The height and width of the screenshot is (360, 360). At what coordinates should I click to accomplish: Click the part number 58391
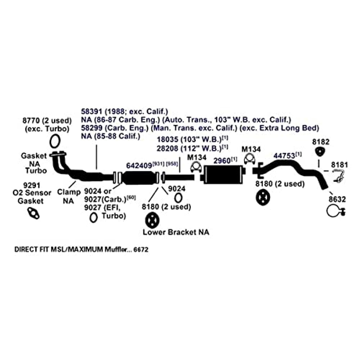(x=91, y=112)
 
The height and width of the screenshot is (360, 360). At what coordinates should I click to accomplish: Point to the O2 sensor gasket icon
(x=33, y=213)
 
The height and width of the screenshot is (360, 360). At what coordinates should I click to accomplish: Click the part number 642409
(x=139, y=165)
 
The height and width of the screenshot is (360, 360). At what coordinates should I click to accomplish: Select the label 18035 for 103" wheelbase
(x=167, y=139)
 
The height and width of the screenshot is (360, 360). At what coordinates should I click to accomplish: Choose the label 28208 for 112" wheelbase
(x=167, y=148)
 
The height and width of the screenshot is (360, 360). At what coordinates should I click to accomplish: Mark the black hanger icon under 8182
(x=320, y=152)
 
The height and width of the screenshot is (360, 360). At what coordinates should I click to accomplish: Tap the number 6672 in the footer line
(x=141, y=249)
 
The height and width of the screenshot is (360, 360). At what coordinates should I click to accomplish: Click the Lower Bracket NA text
(x=176, y=232)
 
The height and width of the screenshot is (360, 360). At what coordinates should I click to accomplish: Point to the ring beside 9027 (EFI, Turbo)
(x=93, y=217)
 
